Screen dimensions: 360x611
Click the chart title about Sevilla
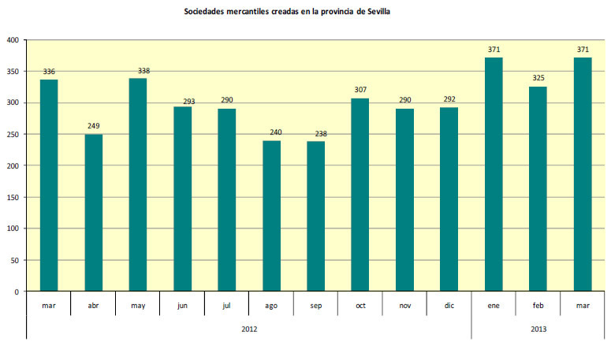[287, 11]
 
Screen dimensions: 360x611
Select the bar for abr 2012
[94, 213]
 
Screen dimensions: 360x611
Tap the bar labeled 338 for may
[138, 184]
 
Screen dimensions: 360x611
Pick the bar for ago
[271, 216]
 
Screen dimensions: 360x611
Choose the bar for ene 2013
[494, 174]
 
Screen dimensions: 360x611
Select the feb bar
[538, 189]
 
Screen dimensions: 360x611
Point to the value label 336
[49, 72]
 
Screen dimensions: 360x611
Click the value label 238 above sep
[315, 133]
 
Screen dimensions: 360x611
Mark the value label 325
[538, 79]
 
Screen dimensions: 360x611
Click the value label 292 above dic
[449, 99]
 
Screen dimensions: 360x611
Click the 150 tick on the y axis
[12, 197]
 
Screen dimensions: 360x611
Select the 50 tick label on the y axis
[14, 260]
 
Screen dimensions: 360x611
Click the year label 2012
[249, 328]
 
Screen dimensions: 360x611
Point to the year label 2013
[538, 328]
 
